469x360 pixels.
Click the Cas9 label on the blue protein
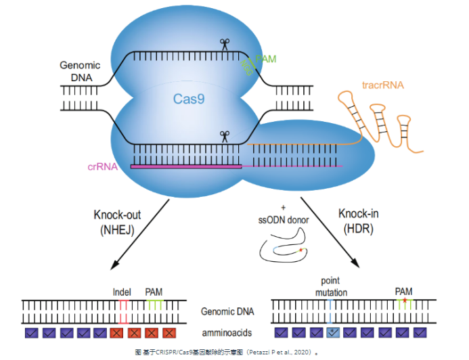[188, 99]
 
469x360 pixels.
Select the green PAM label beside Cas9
[265, 60]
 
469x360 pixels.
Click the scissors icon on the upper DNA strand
[224, 45]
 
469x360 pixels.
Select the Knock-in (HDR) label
[357, 221]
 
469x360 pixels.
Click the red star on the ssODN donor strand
[300, 250]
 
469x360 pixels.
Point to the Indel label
[122, 292]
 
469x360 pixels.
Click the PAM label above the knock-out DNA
[154, 292]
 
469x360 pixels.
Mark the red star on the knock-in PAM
[404, 299]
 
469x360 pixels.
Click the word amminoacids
[228, 332]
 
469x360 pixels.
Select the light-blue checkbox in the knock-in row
[334, 332]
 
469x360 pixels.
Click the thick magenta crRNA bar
[186, 166]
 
